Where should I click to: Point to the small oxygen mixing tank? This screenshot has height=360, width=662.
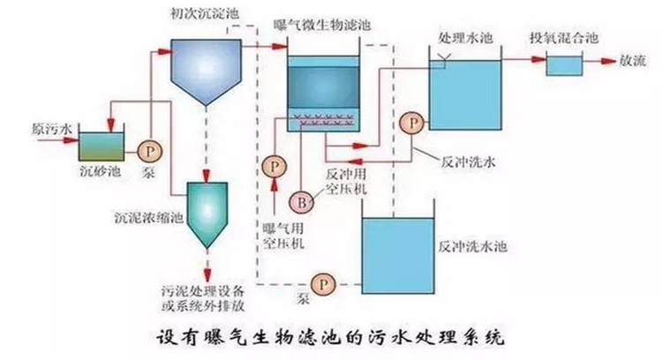coord(563,64)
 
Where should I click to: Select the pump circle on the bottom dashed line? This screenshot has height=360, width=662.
coord(325,284)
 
